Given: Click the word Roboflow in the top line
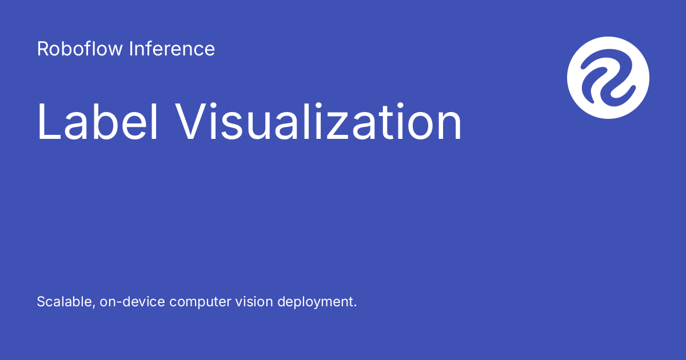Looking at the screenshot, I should pos(80,49).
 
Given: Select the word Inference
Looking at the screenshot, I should pos(172,49).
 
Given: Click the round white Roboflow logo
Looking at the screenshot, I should pos(608,78).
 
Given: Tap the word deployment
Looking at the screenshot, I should pos(316,302).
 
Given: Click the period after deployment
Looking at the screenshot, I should pos(355,306).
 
